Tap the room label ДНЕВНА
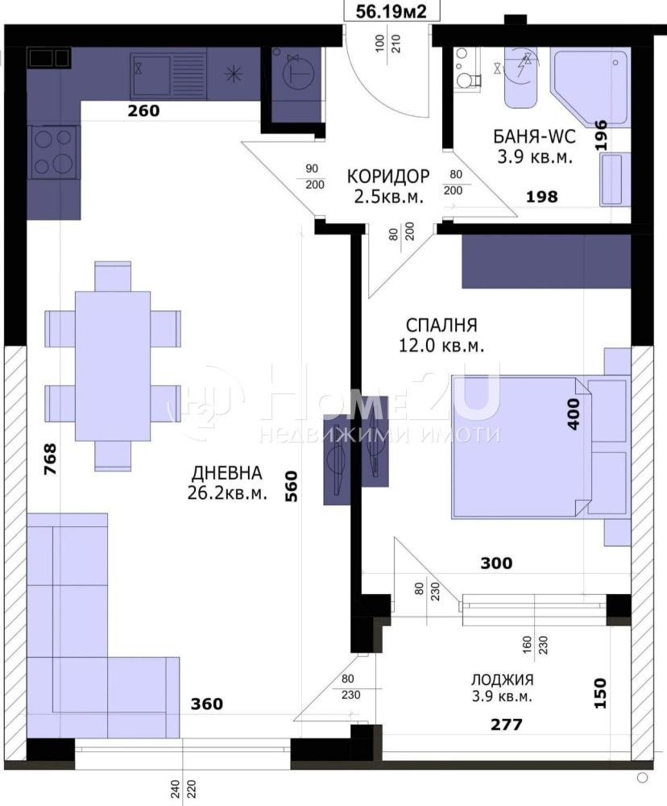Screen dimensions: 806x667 click(226, 473)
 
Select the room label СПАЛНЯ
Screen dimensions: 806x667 click(441, 326)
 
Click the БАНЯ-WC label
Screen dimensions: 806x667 click(532, 136)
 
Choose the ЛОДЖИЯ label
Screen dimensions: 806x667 click(503, 680)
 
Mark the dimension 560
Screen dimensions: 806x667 click(292, 487)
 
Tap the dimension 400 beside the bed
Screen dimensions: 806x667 click(574, 413)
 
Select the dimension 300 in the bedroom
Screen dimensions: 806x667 click(496, 563)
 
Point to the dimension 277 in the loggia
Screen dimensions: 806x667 click(507, 725)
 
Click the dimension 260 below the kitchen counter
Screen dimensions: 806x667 click(144, 111)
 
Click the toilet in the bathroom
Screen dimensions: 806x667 click(466, 71)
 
